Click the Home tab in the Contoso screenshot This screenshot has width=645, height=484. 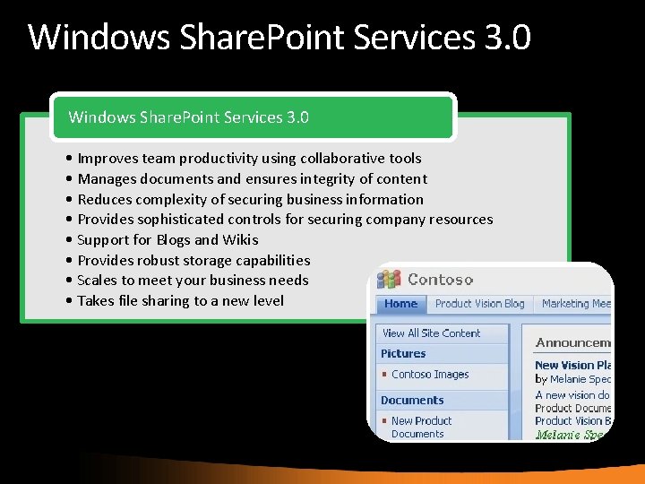(x=400, y=304)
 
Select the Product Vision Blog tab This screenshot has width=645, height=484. (x=479, y=304)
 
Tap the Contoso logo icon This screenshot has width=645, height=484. (x=388, y=280)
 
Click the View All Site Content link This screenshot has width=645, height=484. (x=431, y=333)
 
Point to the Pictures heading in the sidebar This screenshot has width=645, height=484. (x=403, y=353)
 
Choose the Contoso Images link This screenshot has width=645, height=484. (x=430, y=375)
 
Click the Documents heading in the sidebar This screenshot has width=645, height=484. (x=412, y=400)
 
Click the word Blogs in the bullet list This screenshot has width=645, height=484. (x=173, y=239)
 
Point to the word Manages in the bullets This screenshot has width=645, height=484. (x=107, y=178)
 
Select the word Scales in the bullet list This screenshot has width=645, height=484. (x=96, y=280)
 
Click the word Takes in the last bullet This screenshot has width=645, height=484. (x=95, y=300)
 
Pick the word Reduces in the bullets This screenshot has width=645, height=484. (x=106, y=199)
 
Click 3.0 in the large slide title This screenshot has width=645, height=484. (x=507, y=38)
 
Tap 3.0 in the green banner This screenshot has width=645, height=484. (x=297, y=117)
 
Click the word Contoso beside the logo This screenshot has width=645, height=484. (x=440, y=280)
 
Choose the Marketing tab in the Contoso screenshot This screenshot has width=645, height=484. (x=573, y=304)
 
